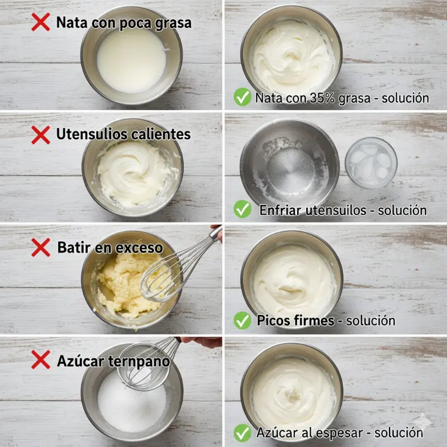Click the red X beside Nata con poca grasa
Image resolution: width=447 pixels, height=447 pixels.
click(40, 22)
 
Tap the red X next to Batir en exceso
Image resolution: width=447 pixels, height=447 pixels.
click(40, 247)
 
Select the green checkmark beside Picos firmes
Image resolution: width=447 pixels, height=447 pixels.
click(242, 320)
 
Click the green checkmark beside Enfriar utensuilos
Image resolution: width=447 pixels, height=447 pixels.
click(242, 208)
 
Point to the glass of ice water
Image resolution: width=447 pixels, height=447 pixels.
click(371, 163)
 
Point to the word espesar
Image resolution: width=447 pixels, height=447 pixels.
click(339, 433)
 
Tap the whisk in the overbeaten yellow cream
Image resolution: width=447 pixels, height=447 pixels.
click(177, 268)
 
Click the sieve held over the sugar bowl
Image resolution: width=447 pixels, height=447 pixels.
click(142, 367)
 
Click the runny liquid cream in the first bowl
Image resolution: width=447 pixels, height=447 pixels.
click(131, 60)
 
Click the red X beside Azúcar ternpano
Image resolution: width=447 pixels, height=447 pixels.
click(40, 359)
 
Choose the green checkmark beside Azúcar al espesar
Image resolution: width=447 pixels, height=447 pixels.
click(242, 432)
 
